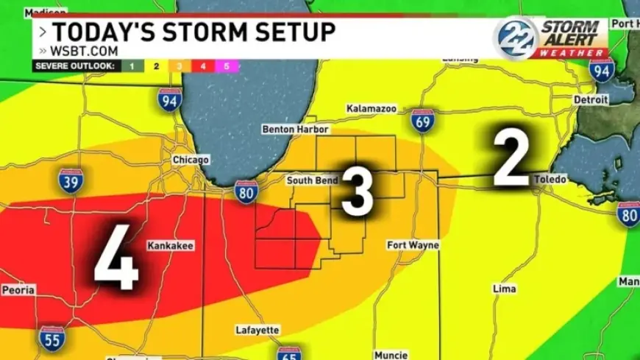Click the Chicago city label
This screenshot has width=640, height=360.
[191, 160]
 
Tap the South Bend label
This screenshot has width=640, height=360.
[312, 180]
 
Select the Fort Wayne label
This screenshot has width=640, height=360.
[413, 245]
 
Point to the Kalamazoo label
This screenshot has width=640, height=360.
[371, 109]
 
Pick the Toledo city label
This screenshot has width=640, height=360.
[550, 180]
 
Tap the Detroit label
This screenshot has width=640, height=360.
[591, 99]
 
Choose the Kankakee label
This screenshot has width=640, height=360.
[171, 246]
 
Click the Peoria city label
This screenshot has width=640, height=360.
[18, 290]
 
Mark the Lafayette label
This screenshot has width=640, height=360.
[257, 330]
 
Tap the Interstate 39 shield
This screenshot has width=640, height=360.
[71, 181]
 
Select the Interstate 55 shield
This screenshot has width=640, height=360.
[51, 338]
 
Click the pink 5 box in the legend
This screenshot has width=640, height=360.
[226, 66]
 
